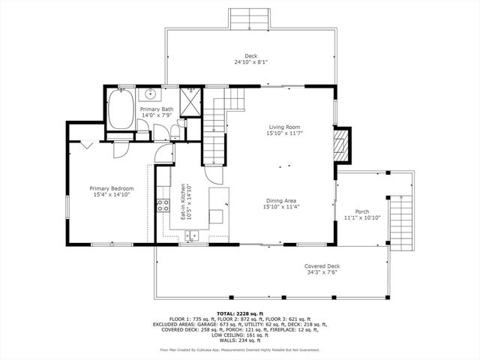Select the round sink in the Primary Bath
point(150,94)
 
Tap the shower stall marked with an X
point(191,100)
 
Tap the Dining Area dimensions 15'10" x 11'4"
point(281,208)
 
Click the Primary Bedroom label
point(112,188)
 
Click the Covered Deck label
point(322,266)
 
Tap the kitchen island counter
point(217,206)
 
